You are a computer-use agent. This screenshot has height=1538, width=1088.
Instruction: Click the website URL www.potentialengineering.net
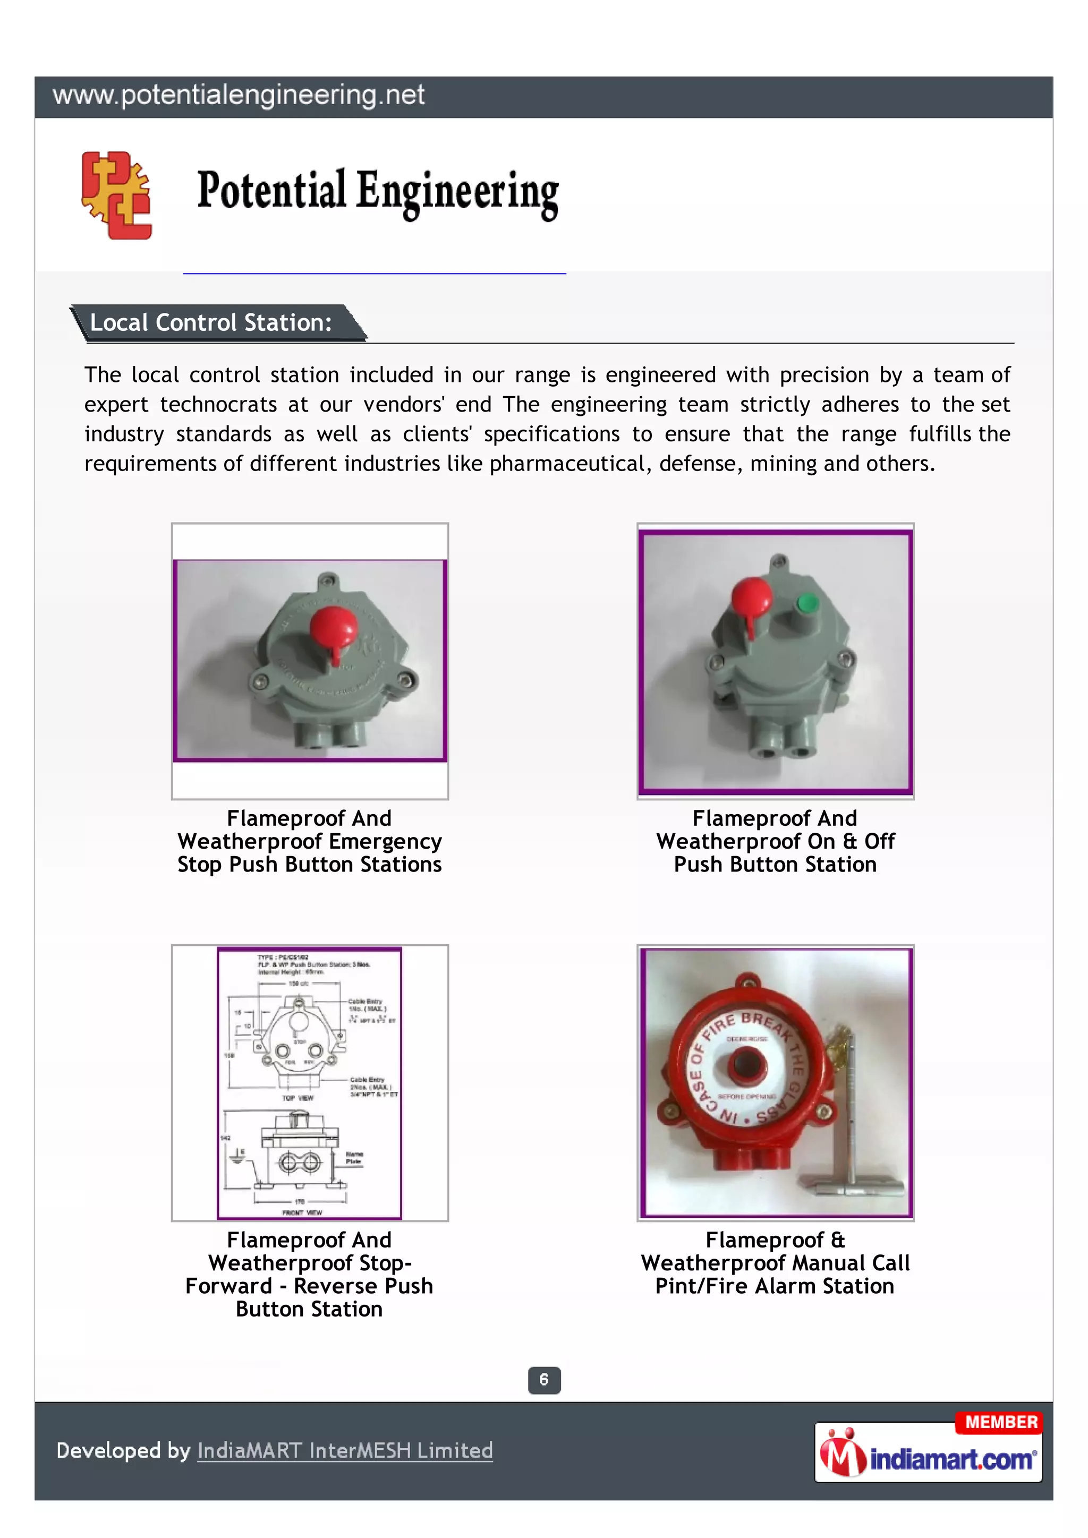coord(239,95)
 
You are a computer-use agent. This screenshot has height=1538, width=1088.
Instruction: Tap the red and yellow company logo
coord(116,195)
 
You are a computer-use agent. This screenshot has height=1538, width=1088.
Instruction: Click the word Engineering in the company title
coord(457,193)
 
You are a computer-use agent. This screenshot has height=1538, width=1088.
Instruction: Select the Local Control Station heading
coord(211,323)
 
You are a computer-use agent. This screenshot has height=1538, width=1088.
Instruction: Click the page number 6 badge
coord(544,1380)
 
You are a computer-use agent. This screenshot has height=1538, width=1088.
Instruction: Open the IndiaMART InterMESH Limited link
coord(345,1451)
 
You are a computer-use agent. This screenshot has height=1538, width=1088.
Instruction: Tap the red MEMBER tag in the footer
coord(1000,1422)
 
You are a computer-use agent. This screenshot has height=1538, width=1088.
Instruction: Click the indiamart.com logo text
coord(951,1459)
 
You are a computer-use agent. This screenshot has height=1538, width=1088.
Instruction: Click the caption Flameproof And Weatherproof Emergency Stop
coord(310,841)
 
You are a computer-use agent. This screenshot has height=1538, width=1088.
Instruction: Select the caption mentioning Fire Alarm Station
coord(775,1263)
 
